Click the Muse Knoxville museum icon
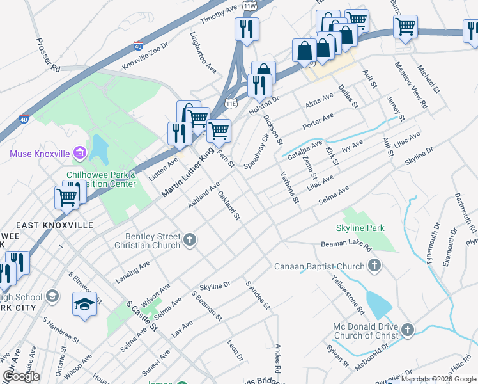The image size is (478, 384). coord(80,153)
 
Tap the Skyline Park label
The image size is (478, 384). coord(360,228)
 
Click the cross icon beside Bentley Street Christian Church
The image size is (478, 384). coord(189,239)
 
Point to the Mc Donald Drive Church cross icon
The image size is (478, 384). coord(407,330)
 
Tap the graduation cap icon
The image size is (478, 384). coord(84,304)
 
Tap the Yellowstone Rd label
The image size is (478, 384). coord(348,294)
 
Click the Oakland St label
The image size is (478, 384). coord(229,205)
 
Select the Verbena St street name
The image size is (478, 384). coord(289,188)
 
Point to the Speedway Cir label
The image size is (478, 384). coord(256,152)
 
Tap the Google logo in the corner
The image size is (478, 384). coord(21,376)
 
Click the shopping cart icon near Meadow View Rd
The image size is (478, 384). coord(406,27)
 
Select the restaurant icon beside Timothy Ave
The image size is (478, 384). coord(247,29)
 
